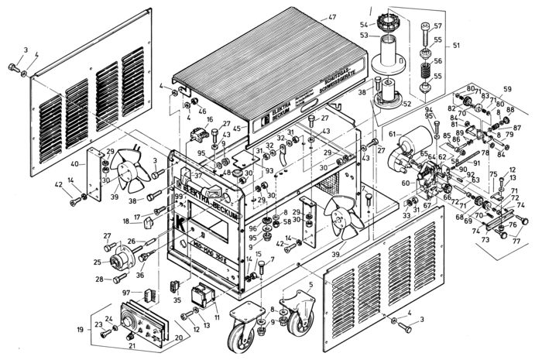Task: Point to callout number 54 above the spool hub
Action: click(x=365, y=26)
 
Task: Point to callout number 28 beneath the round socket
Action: click(x=100, y=279)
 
